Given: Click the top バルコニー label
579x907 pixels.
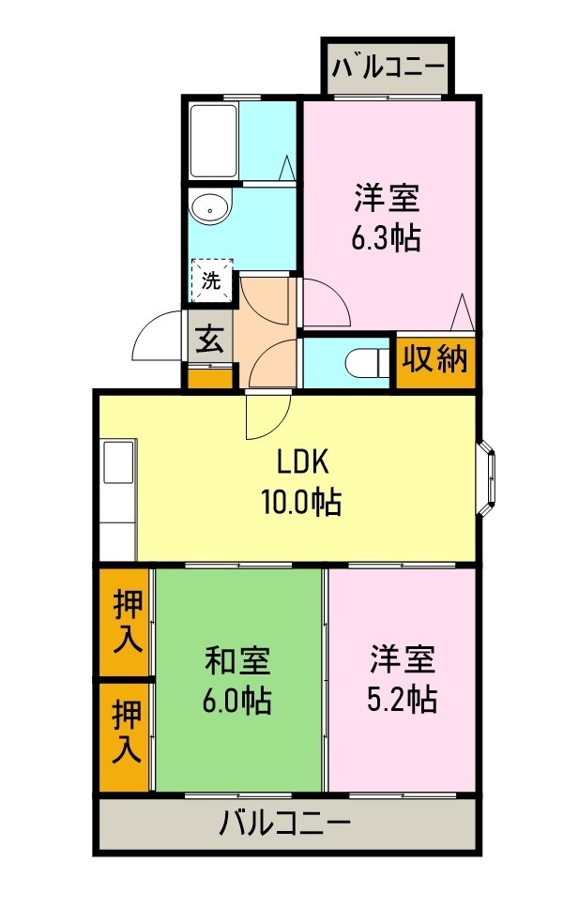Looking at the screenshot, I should click(388, 68).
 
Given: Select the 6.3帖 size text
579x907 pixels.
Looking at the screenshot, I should click(385, 238).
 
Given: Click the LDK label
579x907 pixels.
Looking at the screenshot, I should click(299, 462).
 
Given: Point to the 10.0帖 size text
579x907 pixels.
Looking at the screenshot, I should click(299, 504).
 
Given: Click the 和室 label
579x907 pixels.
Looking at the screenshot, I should click(237, 659).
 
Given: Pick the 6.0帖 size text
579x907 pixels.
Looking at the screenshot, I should click(237, 700).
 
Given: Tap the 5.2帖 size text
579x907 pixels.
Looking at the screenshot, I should click(401, 700).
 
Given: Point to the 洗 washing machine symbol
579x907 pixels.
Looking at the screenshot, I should click(211, 280).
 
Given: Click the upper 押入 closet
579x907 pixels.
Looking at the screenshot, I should click(127, 621).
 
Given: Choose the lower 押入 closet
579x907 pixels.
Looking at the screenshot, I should click(127, 733).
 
